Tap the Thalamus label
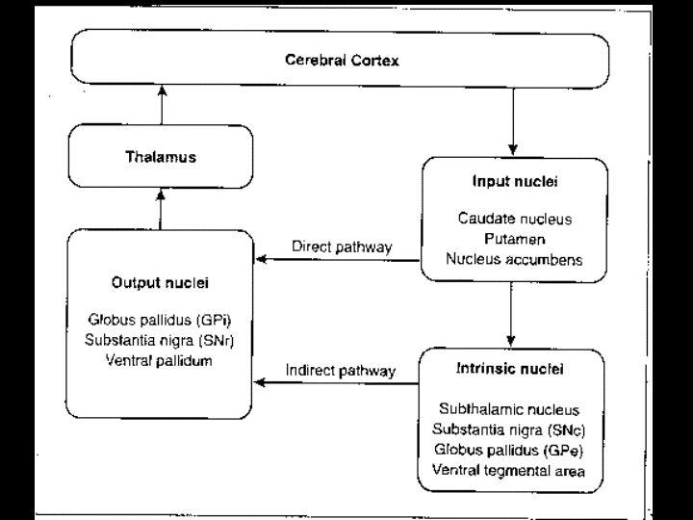[161, 156]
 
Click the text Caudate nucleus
[514, 219]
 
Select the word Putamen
[514, 239]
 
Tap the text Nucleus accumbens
[514, 258]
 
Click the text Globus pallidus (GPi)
[161, 321]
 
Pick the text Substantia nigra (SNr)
[161, 340]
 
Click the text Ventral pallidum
[161, 360]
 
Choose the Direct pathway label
[341, 247]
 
